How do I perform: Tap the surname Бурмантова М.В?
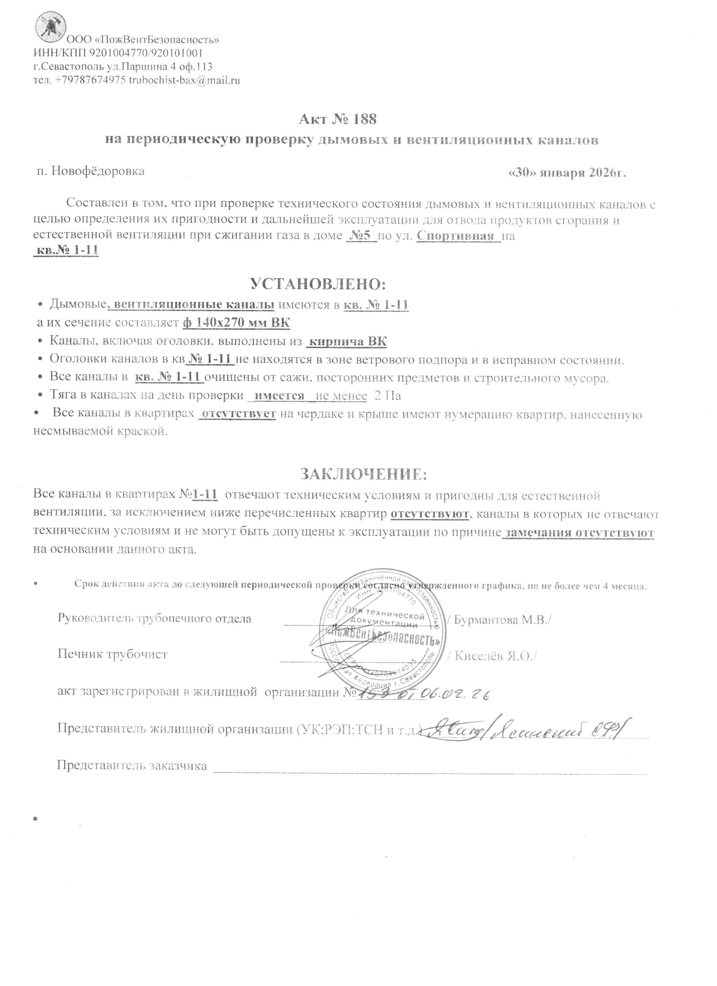(x=500, y=619)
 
